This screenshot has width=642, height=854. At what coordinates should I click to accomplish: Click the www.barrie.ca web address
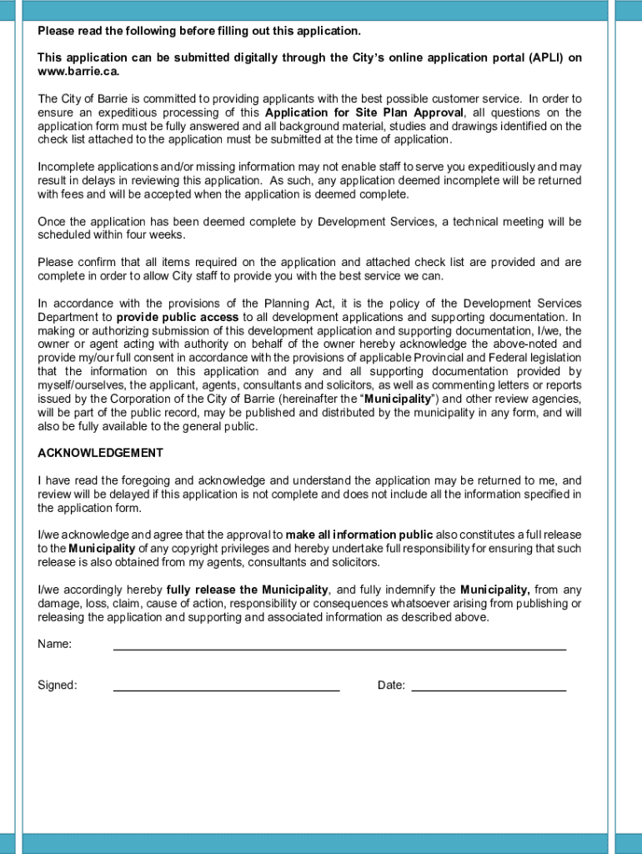[x=73, y=72]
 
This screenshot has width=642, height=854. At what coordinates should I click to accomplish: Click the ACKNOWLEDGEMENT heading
[x=100, y=453]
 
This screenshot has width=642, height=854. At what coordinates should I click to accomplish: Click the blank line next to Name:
[x=339, y=644]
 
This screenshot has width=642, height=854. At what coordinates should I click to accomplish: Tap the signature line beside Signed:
[x=226, y=686]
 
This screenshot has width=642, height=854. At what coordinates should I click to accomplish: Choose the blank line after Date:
[x=489, y=686]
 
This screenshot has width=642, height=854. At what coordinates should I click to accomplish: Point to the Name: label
[x=54, y=644]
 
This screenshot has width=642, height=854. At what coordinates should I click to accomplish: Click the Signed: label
[x=58, y=686]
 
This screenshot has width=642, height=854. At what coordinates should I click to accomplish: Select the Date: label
[x=391, y=686]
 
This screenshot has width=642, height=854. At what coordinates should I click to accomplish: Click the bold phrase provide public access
[x=178, y=317]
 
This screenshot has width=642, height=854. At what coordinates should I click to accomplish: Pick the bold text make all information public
[x=359, y=535]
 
